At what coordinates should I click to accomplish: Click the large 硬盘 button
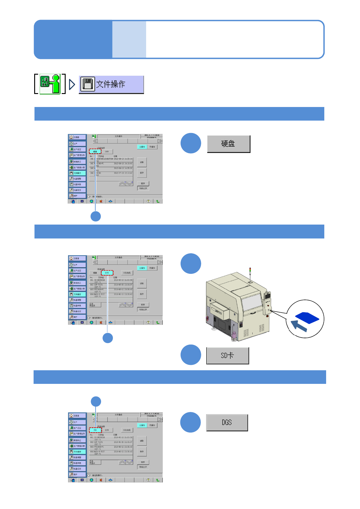(228, 144)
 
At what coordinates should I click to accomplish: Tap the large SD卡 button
(227, 355)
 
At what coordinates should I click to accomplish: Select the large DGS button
(227, 422)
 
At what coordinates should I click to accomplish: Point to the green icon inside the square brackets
(50, 84)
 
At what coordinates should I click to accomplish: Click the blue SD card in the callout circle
(307, 317)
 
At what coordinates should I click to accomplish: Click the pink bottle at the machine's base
(234, 335)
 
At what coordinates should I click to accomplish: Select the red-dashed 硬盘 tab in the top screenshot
(95, 151)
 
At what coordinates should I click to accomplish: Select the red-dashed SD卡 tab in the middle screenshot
(107, 273)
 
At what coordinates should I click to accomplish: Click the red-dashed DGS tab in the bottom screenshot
(95, 430)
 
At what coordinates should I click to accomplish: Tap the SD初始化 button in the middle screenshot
(127, 273)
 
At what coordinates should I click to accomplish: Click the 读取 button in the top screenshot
(142, 162)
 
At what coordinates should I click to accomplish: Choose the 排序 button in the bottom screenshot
(143, 462)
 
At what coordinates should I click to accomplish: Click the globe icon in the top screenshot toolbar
(91, 201)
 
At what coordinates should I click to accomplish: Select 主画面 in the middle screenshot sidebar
(77, 258)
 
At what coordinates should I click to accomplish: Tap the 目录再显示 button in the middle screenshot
(95, 305)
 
